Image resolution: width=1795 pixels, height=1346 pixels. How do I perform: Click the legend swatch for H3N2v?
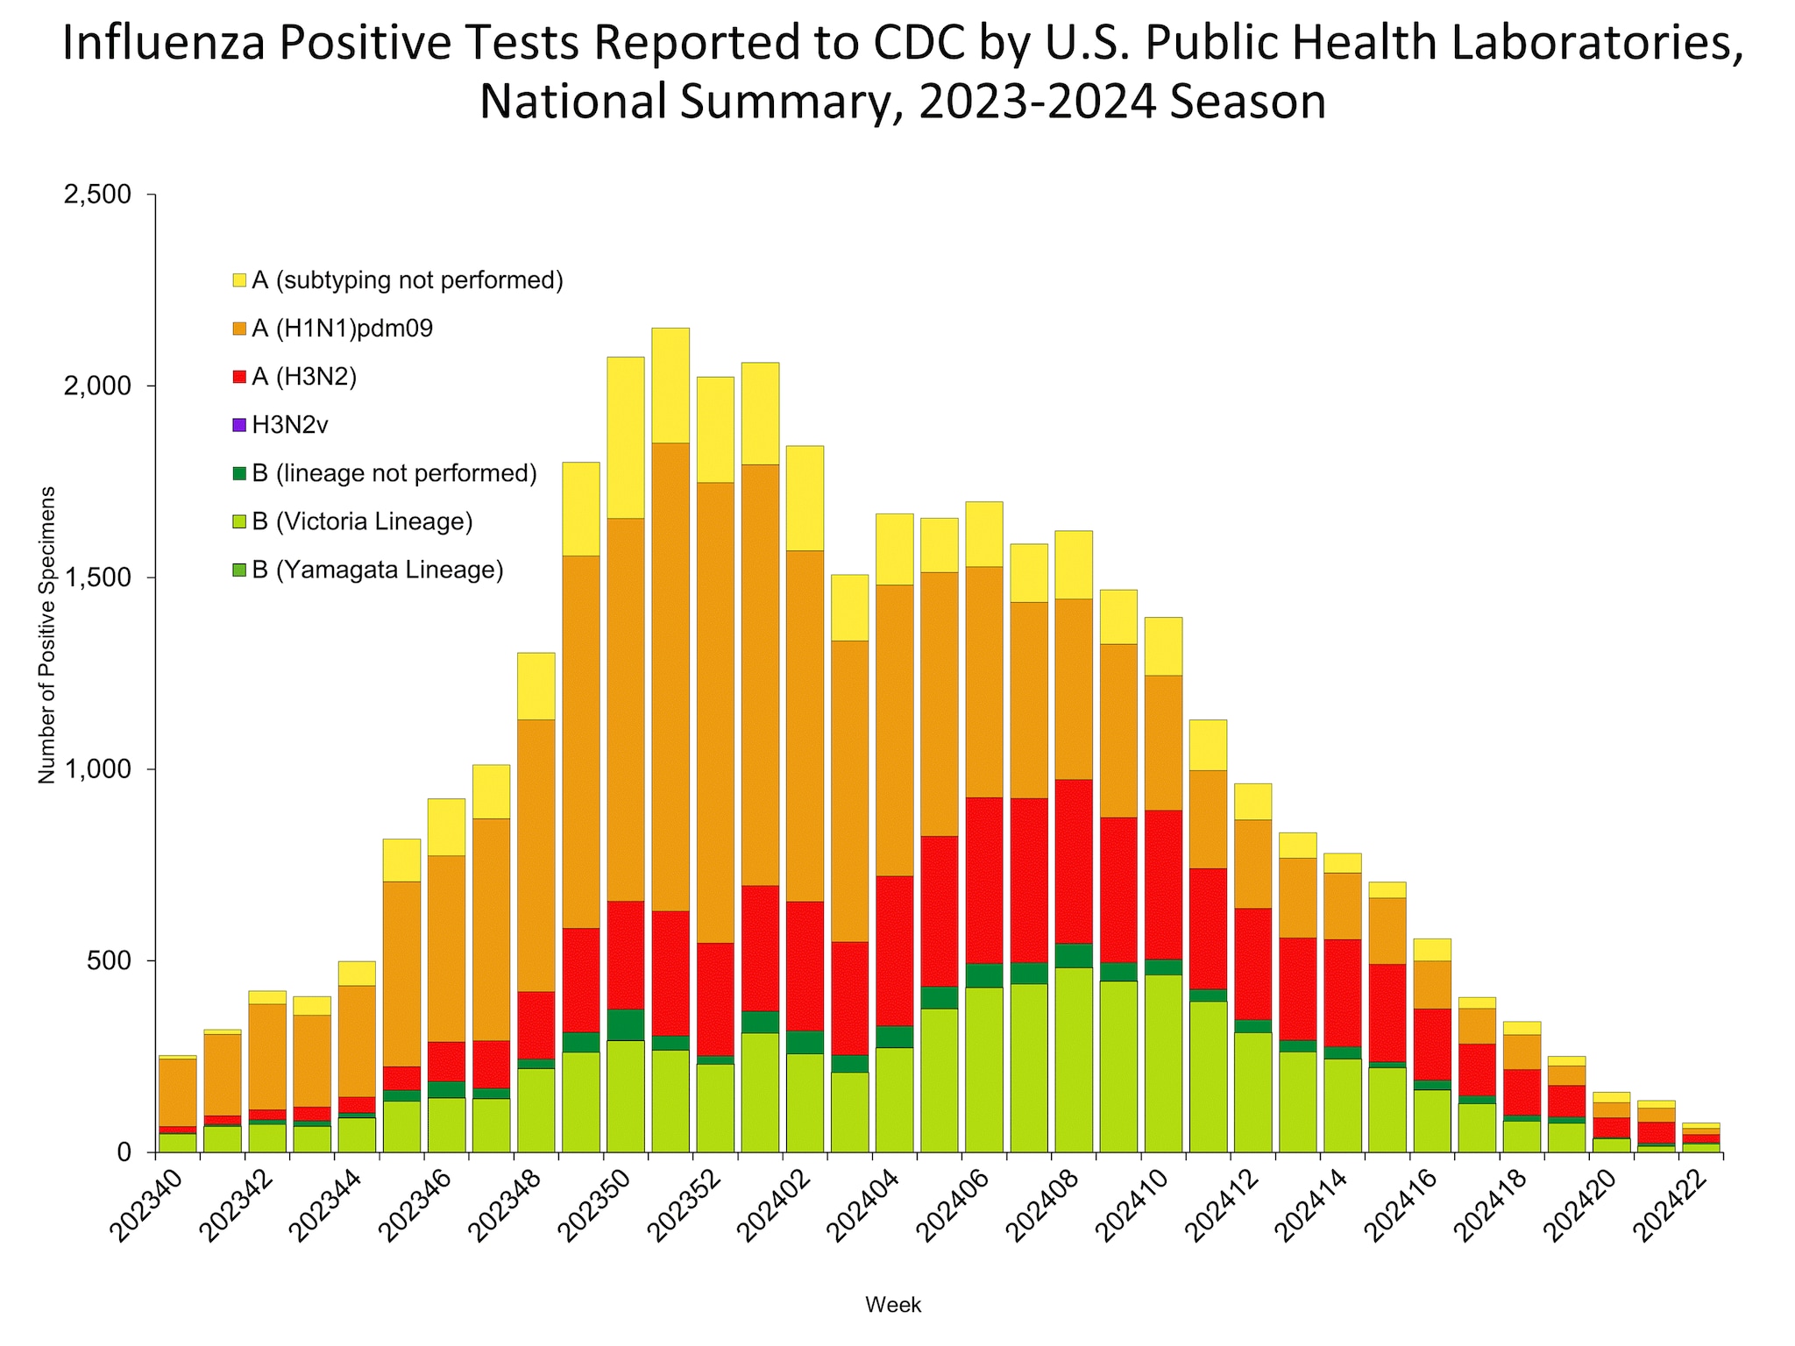click(239, 426)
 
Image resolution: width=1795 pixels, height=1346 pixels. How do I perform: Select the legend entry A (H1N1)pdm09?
click(342, 329)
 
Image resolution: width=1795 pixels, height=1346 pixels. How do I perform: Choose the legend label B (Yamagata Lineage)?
click(377, 570)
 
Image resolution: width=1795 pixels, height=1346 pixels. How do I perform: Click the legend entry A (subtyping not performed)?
click(407, 281)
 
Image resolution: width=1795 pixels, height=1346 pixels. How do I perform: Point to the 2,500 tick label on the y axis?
click(97, 195)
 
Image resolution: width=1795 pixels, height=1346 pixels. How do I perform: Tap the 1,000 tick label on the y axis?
click(97, 769)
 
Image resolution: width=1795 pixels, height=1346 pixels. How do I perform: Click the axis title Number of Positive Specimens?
click(46, 634)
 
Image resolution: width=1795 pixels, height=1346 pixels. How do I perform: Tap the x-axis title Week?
click(892, 1305)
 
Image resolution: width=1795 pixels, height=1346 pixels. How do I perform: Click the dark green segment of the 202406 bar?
click(983, 975)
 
